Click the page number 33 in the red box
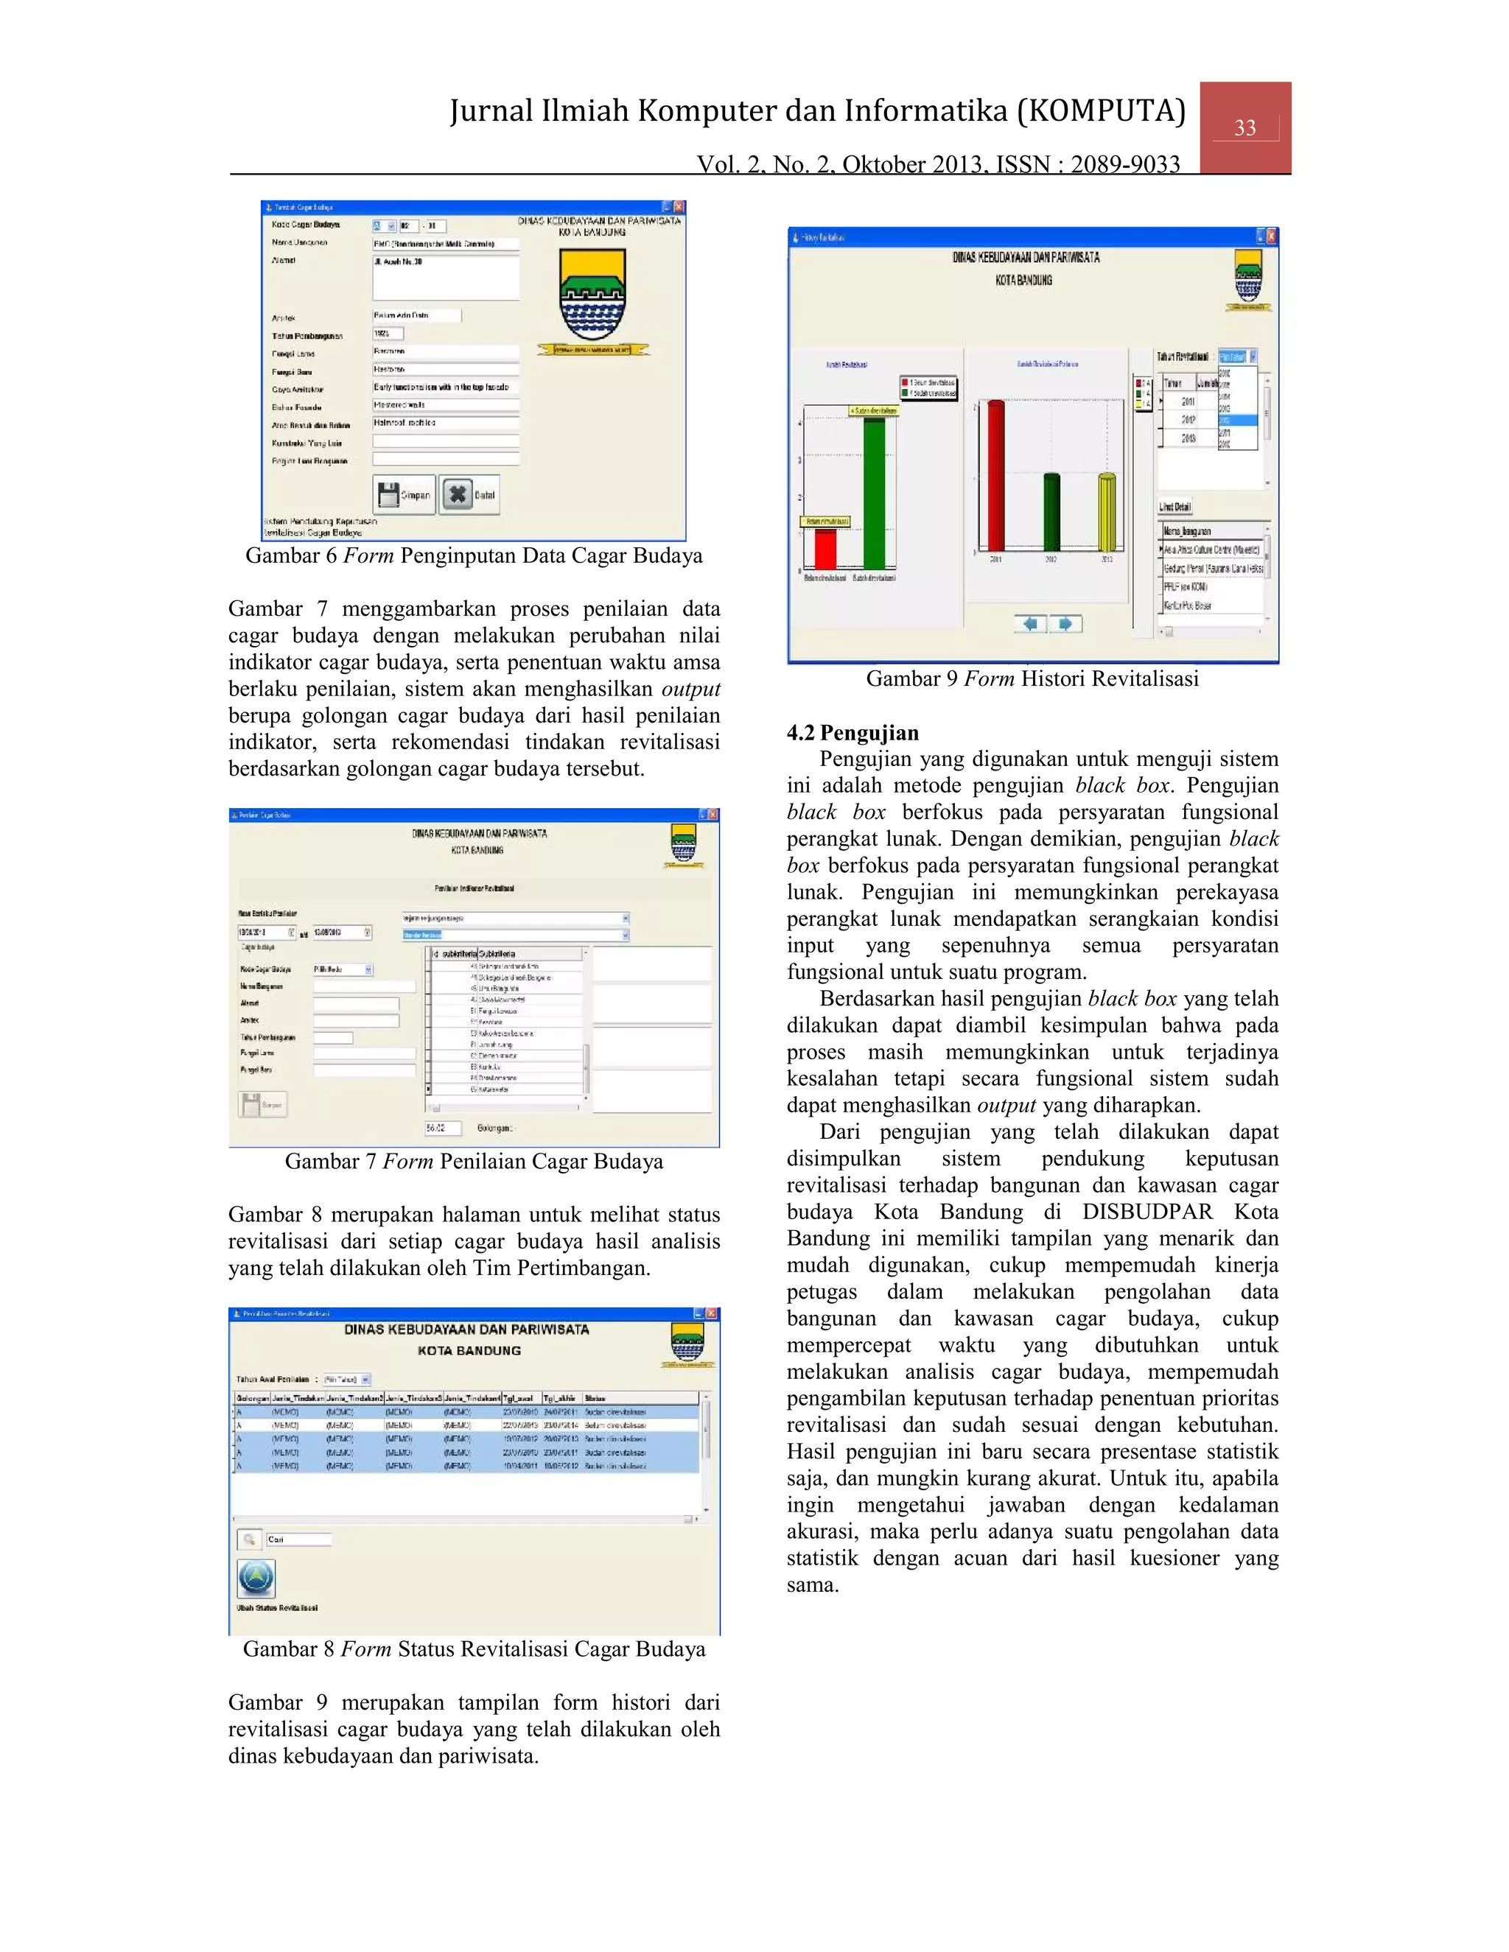(x=1244, y=128)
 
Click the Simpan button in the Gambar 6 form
(x=404, y=494)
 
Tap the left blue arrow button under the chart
(x=1030, y=623)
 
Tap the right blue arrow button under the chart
(x=1065, y=623)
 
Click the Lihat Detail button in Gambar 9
(x=1174, y=507)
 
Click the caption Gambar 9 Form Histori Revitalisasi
(x=1032, y=679)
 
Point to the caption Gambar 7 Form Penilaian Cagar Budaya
(x=474, y=1162)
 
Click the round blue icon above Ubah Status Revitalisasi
(x=256, y=1579)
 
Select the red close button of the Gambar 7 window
(x=713, y=814)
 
